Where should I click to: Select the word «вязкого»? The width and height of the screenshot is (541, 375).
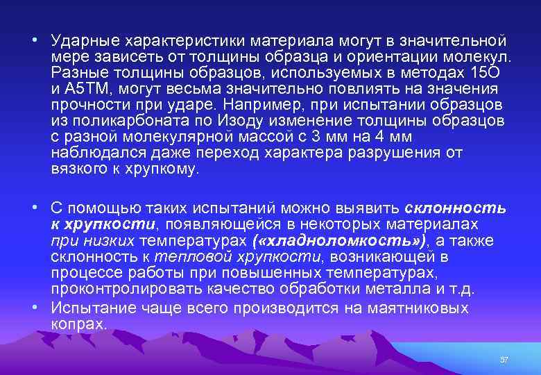(x=75, y=169)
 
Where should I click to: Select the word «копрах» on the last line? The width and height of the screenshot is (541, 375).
(x=78, y=324)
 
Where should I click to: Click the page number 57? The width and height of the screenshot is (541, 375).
(x=504, y=360)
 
